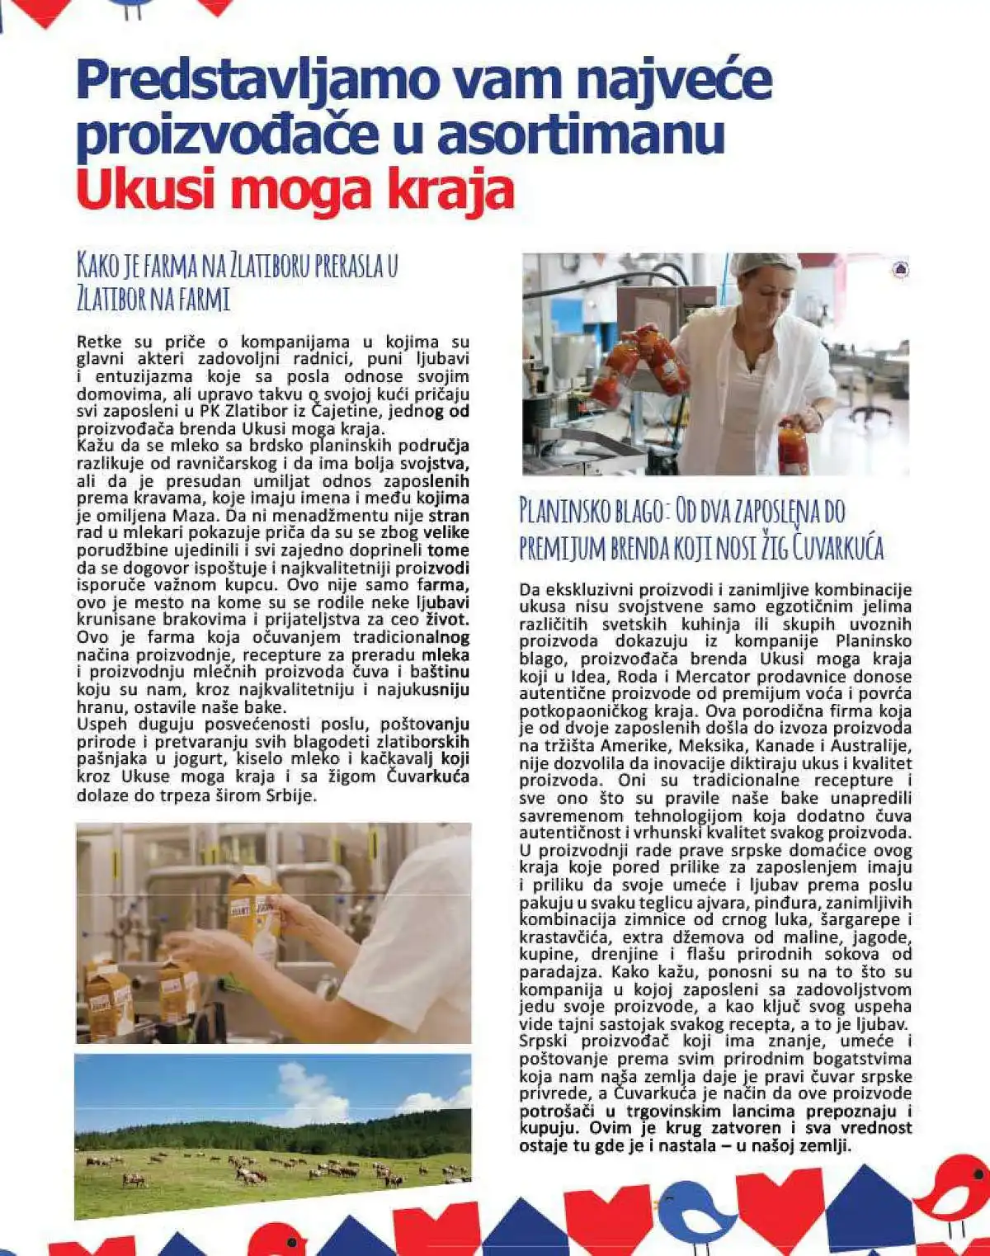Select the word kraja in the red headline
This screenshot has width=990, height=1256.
point(453,190)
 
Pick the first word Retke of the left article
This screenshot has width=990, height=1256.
point(99,342)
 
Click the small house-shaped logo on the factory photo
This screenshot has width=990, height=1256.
point(900,269)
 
